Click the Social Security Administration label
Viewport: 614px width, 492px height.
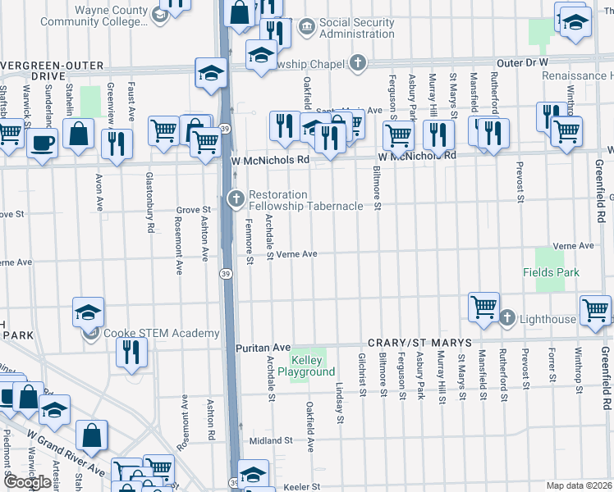pyautogui.click(x=356, y=28)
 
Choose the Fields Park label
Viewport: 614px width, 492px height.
pyautogui.click(x=551, y=272)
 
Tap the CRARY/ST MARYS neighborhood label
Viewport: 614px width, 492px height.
pyautogui.click(x=419, y=342)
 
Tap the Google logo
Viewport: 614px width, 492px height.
pyautogui.click(x=26, y=482)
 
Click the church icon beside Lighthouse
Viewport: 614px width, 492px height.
pyautogui.click(x=507, y=318)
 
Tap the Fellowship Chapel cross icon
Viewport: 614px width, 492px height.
pyautogui.click(x=357, y=62)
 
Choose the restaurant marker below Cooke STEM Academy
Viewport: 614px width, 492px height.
pyautogui.click(x=131, y=352)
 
